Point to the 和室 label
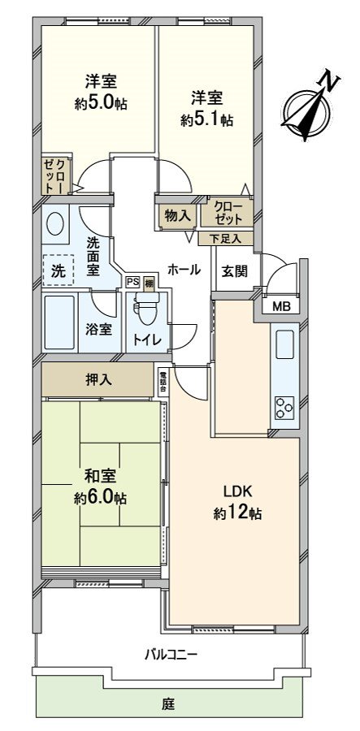coord(100,477)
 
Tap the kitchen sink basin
coord(286,345)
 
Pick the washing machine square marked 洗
coord(59,270)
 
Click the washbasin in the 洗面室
coord(57,223)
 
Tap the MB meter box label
coord(281,306)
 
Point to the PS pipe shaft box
coord(132,282)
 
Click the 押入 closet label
coord(98,380)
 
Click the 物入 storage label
coord(176,216)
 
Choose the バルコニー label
coord(171,654)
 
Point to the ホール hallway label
coord(184,269)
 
